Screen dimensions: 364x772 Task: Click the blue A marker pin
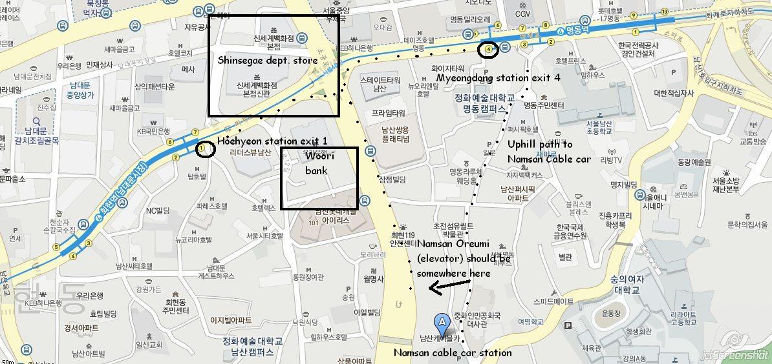tap(442, 321)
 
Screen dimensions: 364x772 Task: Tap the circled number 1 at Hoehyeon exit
tap(204, 149)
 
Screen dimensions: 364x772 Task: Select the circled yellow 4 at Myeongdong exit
tap(489, 49)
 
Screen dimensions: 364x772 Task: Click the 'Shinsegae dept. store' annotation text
tap(268, 61)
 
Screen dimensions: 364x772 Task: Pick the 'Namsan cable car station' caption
tap(452, 352)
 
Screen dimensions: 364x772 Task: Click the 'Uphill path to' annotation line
tap(540, 144)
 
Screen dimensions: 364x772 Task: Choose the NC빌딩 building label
tap(158, 210)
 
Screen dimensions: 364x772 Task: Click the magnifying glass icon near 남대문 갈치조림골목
tap(36, 120)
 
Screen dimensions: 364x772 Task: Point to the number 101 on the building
tap(314, 223)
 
